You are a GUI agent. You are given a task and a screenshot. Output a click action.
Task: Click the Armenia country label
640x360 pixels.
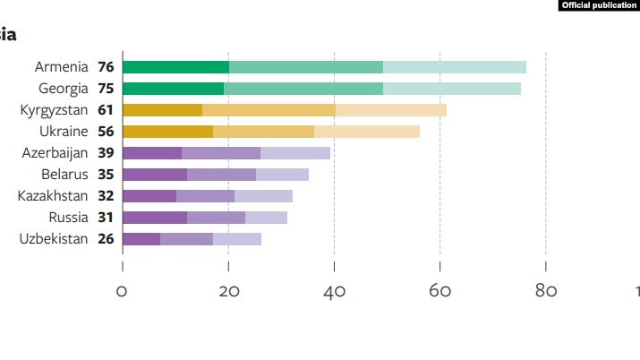[x=61, y=66]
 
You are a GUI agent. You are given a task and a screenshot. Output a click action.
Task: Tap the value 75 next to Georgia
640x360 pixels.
[x=106, y=88]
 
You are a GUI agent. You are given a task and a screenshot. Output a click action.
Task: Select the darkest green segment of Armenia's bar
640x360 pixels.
[x=176, y=67]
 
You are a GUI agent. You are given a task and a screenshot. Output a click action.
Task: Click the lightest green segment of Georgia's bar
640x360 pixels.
[x=452, y=89]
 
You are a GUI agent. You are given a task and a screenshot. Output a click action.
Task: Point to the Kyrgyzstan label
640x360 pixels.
[x=54, y=110]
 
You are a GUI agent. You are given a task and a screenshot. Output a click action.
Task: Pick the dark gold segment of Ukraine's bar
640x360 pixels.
[x=167, y=132]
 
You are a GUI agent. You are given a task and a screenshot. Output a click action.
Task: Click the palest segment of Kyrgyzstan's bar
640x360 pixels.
[x=391, y=110]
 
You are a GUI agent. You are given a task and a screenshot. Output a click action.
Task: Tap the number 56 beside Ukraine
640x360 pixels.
[x=106, y=132]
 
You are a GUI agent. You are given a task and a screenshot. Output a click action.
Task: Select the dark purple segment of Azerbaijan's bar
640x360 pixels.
[x=152, y=153]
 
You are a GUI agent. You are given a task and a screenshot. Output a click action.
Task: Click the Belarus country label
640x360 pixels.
[x=64, y=175]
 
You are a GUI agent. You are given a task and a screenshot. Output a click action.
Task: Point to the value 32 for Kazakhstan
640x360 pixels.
[x=106, y=196]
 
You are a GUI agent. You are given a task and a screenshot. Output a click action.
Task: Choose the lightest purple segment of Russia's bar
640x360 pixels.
[x=266, y=218]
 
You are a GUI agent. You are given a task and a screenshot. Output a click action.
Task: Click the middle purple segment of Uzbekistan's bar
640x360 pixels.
[x=186, y=239]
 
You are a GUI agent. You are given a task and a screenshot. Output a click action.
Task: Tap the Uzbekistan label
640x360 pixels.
[x=54, y=239]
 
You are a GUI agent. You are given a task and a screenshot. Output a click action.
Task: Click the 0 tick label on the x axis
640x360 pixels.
[x=122, y=291]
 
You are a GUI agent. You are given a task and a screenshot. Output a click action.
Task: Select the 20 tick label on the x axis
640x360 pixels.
[x=229, y=291]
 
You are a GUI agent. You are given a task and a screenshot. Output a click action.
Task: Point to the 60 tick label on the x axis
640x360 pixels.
[x=440, y=291]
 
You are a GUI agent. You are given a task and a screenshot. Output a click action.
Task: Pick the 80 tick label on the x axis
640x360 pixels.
[x=546, y=291]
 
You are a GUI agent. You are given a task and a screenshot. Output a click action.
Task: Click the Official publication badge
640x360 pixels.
[x=599, y=5]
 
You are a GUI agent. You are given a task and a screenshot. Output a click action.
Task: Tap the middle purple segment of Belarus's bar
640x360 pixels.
[x=222, y=175]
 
